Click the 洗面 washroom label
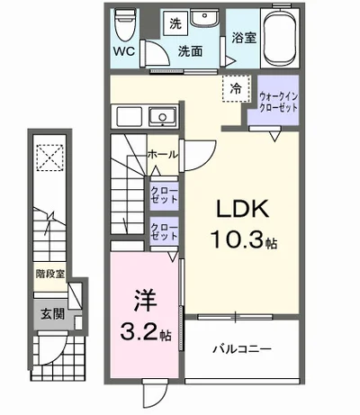tap(189, 51)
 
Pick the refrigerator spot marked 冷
tap(234, 89)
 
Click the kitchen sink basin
tap(162, 115)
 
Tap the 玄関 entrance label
tap(49, 314)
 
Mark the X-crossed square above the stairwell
tap(47, 159)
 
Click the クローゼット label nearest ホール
tap(164, 194)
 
